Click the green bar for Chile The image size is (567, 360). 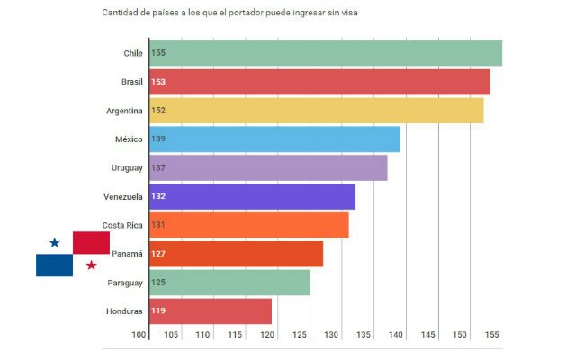click(x=325, y=53)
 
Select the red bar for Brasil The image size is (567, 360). click(x=319, y=82)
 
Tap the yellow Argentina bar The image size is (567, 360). click(x=316, y=111)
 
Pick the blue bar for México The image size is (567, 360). click(x=274, y=139)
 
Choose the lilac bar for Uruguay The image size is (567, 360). click(x=268, y=167)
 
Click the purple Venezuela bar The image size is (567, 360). click(x=252, y=196)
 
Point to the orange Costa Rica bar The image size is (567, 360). click(x=248, y=225)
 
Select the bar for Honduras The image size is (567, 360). click(x=210, y=311)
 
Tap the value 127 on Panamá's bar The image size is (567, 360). click(x=158, y=254)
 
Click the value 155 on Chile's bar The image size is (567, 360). click(x=158, y=53)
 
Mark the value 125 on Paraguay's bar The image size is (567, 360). click(x=158, y=283)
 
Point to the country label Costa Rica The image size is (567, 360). click(x=122, y=225)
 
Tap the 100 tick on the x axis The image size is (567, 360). click(x=139, y=335)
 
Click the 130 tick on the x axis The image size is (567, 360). click(x=332, y=335)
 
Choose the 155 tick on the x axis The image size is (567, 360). click(x=492, y=335)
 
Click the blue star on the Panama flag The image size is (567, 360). click(x=55, y=242)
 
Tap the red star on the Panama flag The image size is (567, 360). click(x=91, y=265)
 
